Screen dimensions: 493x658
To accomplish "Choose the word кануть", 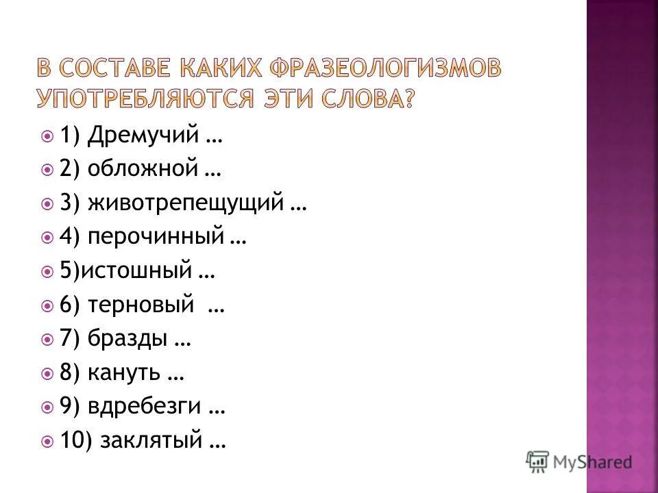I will click(x=124, y=373).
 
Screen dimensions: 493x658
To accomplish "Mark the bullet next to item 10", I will click(x=47, y=442).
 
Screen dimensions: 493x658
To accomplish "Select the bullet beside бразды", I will click(x=47, y=339).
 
